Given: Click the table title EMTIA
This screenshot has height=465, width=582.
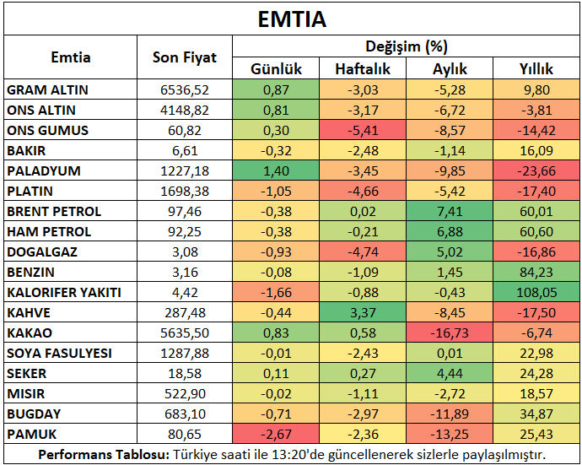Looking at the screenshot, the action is click(x=292, y=19).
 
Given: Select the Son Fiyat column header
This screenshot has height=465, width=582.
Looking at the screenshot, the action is click(x=185, y=57).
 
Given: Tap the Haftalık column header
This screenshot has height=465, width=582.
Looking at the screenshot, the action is click(x=363, y=68).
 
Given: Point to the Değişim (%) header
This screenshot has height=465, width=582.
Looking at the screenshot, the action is click(x=407, y=46).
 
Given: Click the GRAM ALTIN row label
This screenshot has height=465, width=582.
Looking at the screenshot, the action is click(x=47, y=90).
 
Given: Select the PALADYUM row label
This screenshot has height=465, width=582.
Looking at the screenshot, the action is click(x=44, y=170).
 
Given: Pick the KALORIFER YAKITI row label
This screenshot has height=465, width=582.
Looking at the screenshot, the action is click(x=64, y=292).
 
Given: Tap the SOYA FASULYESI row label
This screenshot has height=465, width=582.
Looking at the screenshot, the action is click(x=59, y=354).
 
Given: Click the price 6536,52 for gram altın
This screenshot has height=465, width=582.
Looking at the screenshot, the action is click(x=185, y=90).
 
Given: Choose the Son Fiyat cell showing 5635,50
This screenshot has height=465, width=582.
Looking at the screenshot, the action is click(x=185, y=333).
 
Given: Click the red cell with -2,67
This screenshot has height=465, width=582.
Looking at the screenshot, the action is click(x=276, y=434).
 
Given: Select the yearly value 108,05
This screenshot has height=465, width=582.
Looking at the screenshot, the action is click(x=536, y=292).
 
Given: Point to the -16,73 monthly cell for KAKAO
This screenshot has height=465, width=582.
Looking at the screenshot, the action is click(x=450, y=333).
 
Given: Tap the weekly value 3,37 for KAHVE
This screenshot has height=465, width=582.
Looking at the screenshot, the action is click(x=363, y=313).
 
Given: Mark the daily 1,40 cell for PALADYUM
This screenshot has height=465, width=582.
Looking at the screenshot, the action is click(x=276, y=170).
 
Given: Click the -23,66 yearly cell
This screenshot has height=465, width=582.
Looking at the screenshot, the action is click(x=536, y=170).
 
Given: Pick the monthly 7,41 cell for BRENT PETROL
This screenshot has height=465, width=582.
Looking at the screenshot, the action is click(x=450, y=211).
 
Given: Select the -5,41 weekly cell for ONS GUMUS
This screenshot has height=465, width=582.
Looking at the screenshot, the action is click(x=363, y=130).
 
